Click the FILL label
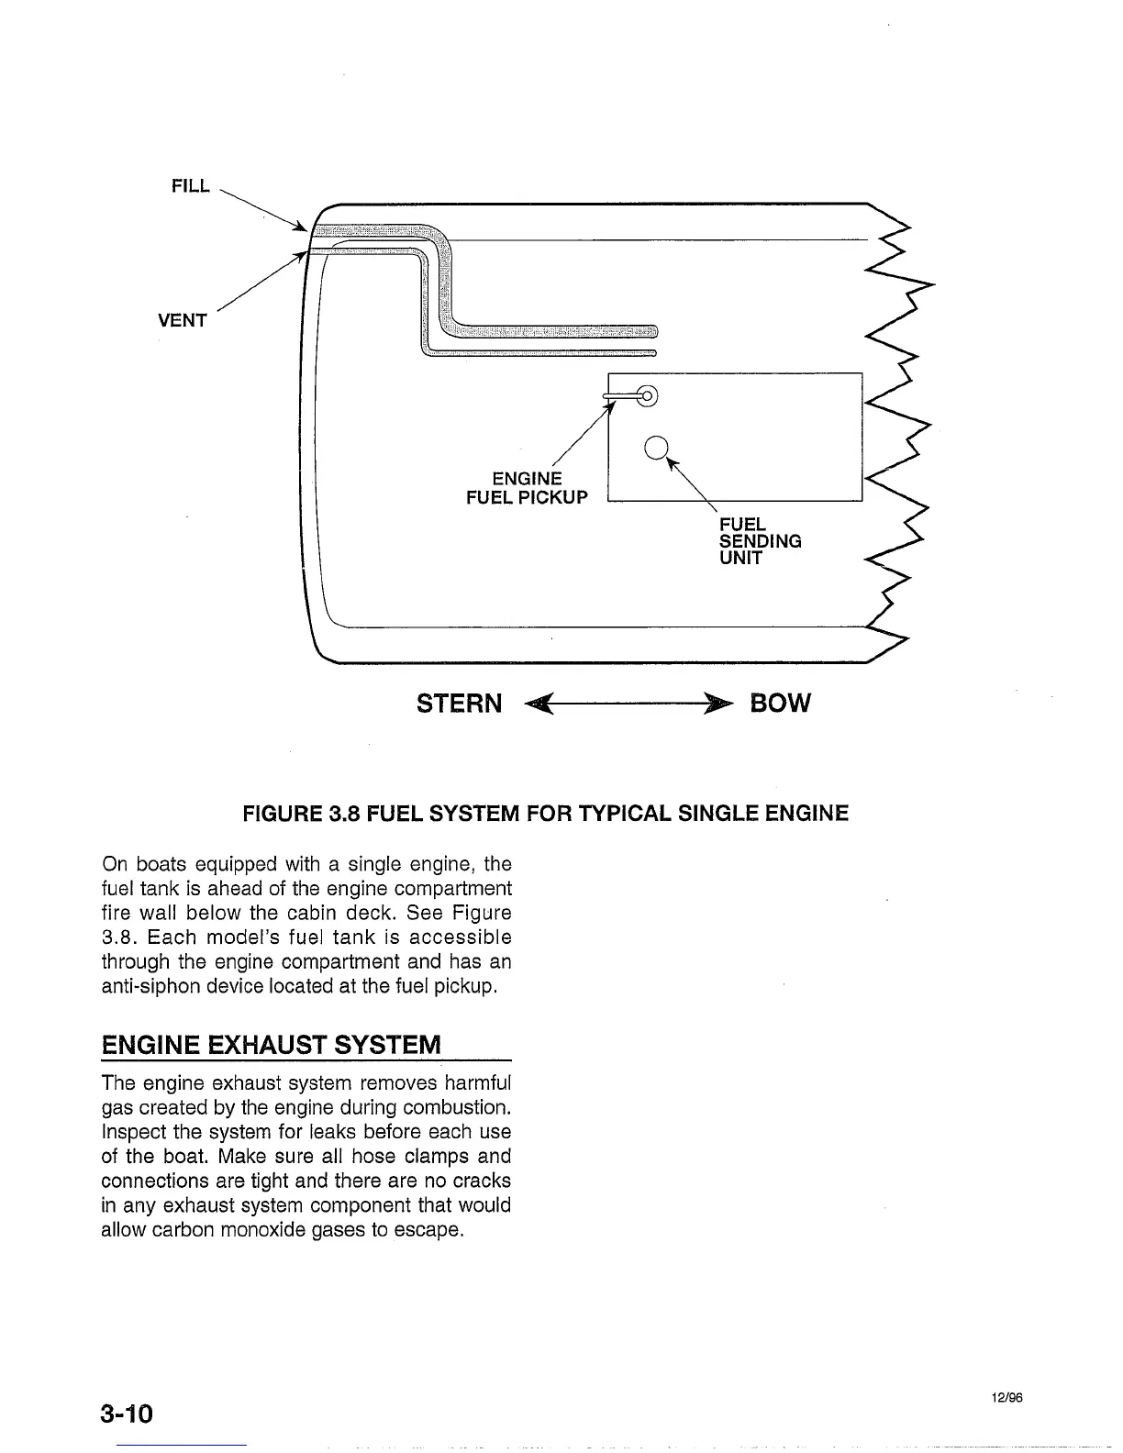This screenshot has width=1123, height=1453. coord(191,186)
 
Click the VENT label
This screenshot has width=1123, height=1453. coord(183,321)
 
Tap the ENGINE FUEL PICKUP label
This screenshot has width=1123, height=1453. coord(527,488)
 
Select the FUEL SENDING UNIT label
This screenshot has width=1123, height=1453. coord(760,541)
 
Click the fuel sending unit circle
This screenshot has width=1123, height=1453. coord(655,447)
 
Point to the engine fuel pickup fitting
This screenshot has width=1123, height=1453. coord(645,396)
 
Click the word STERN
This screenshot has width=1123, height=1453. coord(459,704)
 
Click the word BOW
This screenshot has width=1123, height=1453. coord(780,704)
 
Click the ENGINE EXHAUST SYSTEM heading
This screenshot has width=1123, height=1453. coord(272,1045)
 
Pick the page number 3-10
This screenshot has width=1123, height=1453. coord(128,1413)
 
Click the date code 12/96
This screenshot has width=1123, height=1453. coord(1006,1398)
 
